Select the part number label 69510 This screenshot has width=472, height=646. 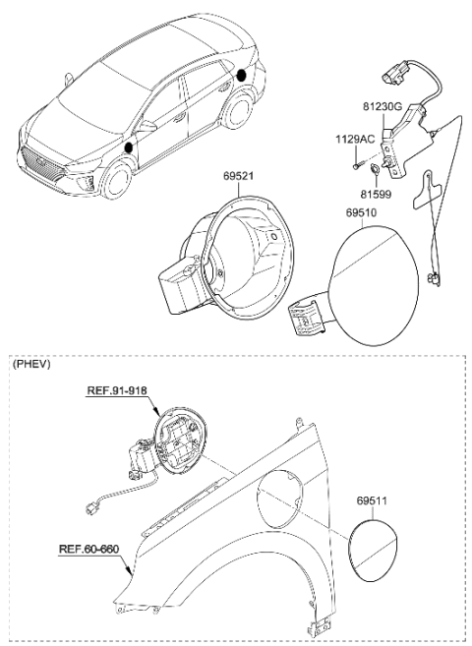(x=363, y=212)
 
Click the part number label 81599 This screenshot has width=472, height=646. (x=376, y=195)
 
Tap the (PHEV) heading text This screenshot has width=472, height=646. (x=32, y=364)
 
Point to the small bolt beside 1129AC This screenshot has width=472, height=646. (x=352, y=165)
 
